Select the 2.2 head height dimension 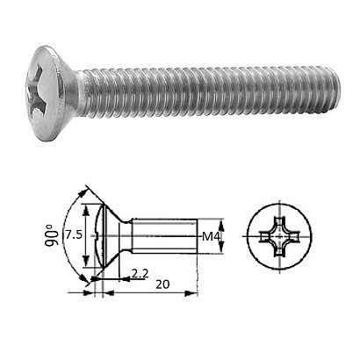coord(139,274)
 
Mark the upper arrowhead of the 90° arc coord(86,190)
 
